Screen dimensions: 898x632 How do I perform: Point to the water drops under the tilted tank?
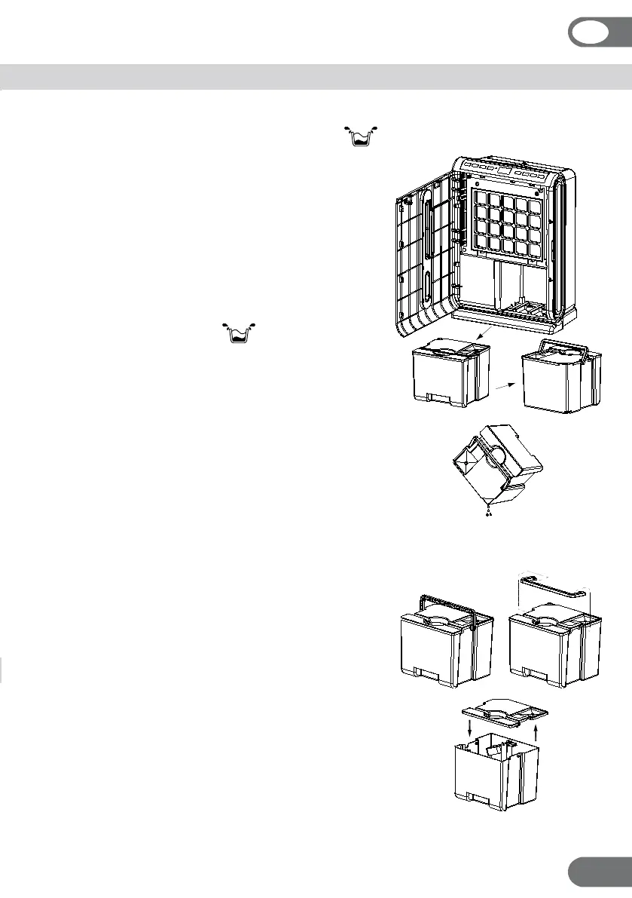pyautogui.click(x=489, y=513)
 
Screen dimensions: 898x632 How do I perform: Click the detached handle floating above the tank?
pyautogui.click(x=554, y=588)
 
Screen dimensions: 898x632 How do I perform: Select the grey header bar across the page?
pyautogui.click(x=316, y=77)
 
